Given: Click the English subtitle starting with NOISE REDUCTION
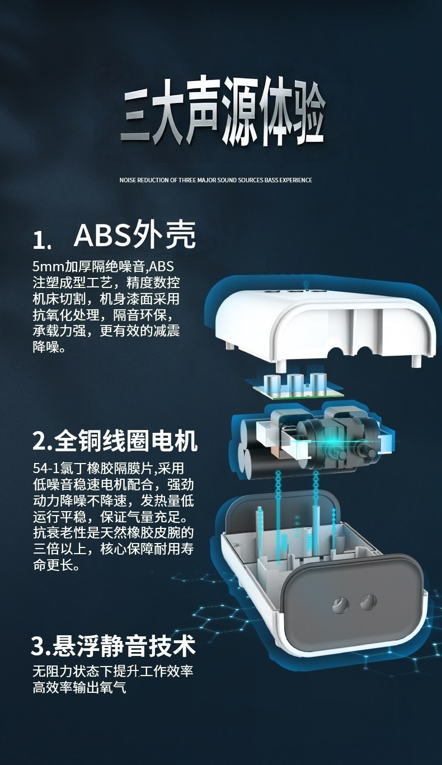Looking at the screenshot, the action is [x=216, y=180].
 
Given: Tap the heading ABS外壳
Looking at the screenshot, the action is [x=135, y=235].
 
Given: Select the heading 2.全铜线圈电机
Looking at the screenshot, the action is [x=115, y=441].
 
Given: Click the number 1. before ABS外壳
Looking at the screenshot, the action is [x=42, y=240].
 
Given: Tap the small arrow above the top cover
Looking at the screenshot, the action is [x=307, y=283].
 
